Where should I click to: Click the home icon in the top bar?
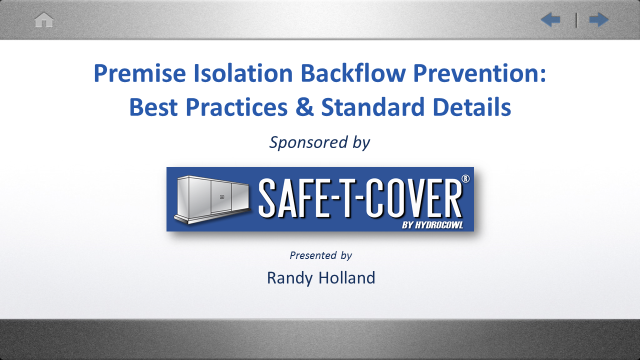[x=43, y=19]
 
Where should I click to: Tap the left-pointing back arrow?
[x=550, y=19]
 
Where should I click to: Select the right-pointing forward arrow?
[x=599, y=19]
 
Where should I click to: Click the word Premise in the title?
[x=139, y=73]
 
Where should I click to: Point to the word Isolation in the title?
[x=243, y=73]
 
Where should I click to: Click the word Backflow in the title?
[x=353, y=73]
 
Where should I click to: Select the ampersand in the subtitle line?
[x=304, y=107]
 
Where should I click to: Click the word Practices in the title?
[x=237, y=107]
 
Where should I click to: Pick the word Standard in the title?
[x=373, y=107]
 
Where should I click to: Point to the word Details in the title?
[x=472, y=107]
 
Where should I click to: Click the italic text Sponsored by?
[x=319, y=142]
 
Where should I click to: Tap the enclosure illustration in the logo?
[x=212, y=199]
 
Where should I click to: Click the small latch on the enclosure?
[x=222, y=197]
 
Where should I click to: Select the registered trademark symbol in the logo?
[x=465, y=178]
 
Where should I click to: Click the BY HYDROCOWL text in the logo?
[x=432, y=225]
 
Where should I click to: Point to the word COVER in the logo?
[x=414, y=198]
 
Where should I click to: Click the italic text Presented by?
[x=320, y=255]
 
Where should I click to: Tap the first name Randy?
[x=289, y=278]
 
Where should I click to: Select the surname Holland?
[x=347, y=277]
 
